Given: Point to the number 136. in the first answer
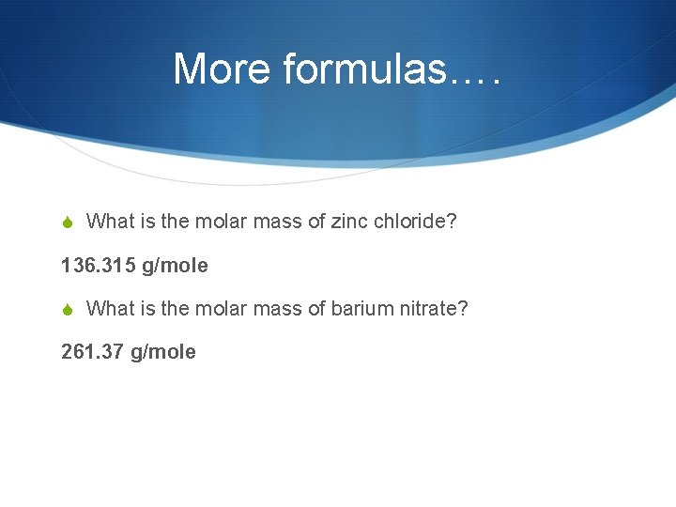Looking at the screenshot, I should [x=79, y=266].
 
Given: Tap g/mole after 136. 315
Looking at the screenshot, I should [x=175, y=267].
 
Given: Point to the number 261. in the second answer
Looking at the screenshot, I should [x=79, y=352].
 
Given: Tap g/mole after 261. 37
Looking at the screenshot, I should [x=163, y=353].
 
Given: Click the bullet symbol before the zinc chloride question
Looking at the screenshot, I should [x=68, y=223].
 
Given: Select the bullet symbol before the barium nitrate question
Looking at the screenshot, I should [x=68, y=309].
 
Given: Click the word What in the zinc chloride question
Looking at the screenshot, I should [x=111, y=222].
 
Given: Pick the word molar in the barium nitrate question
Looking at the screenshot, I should [x=216, y=308].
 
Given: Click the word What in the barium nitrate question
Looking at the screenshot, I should [x=111, y=308].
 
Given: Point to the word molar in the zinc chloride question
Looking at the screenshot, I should [x=216, y=222].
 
